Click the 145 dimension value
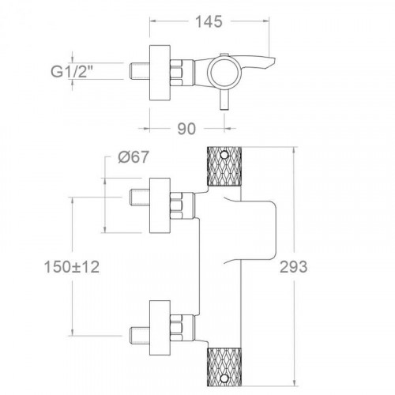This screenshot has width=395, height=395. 209,22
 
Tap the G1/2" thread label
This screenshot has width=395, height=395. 69,71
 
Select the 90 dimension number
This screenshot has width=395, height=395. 186,129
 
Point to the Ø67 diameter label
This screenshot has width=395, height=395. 134,157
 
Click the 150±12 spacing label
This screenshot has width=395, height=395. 72,267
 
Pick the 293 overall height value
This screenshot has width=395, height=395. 293,267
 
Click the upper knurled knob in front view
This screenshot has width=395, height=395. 224,166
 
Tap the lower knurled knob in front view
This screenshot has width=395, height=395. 224,367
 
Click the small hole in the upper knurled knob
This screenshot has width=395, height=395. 224,155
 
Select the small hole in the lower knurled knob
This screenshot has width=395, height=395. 224,378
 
